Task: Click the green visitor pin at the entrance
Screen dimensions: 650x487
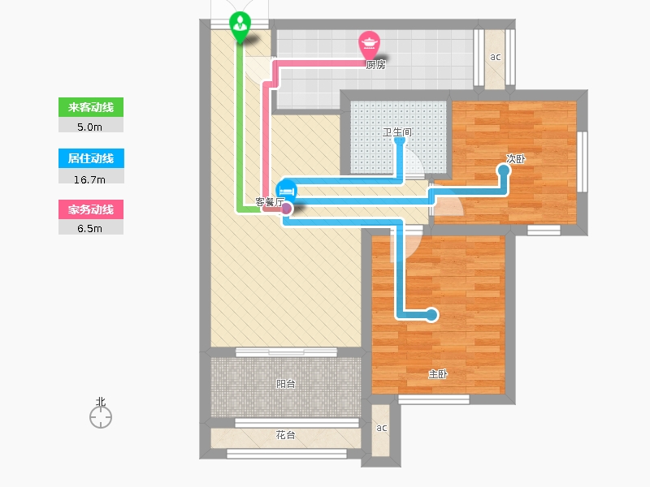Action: pos(240,26)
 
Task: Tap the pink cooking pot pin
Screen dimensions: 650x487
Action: pos(369,45)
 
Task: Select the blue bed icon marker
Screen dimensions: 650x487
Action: pos(287,191)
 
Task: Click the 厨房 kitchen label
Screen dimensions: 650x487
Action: pos(375,65)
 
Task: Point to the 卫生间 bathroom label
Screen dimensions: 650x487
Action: pos(397,132)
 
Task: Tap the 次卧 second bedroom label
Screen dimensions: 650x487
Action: pos(516,158)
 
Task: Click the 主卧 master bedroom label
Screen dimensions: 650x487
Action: pos(438,374)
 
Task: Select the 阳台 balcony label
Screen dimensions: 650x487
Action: pos(286,384)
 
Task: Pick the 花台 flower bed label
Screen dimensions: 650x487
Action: pos(286,435)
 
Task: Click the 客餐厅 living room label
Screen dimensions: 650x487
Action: pos(270,202)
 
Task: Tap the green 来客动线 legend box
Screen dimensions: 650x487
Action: pos(91,107)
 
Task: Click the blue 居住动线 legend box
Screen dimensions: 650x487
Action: pos(91,158)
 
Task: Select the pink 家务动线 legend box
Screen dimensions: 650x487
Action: pos(91,209)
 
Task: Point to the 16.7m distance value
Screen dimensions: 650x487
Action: pos(89,179)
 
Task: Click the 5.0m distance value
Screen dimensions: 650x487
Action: pos(89,127)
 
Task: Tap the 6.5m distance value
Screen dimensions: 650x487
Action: pos(89,229)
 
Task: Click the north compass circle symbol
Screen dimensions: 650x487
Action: pos(101,417)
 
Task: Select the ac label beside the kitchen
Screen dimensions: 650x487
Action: pos(496,57)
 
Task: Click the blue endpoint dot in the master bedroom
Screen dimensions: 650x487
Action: pos(431,315)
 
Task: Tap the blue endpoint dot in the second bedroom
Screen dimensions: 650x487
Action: pos(504,170)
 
